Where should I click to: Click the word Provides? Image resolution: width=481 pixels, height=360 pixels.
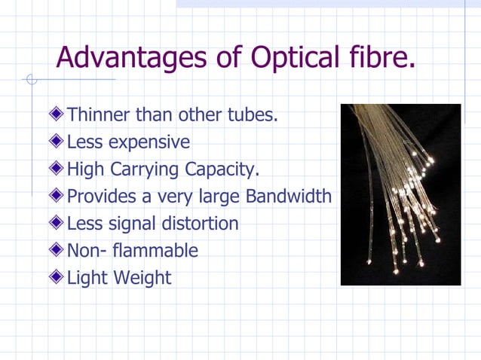point(99,197)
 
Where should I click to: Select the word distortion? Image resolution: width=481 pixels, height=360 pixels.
point(204,224)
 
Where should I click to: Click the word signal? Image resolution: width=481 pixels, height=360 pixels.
point(138,224)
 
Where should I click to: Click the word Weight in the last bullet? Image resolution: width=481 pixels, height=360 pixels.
point(142,279)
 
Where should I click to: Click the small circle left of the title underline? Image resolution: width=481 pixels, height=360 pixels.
point(31,79)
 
